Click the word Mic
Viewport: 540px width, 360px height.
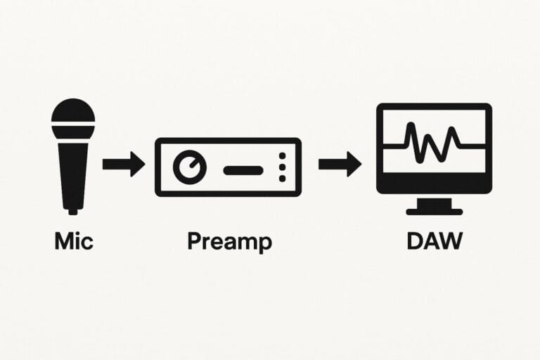pos(73,241)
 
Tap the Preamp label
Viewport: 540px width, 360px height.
pos(229,242)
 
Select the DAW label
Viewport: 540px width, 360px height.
pos(435,241)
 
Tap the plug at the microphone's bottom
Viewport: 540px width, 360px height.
pos(73,209)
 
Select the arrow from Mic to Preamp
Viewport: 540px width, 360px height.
pos(123,165)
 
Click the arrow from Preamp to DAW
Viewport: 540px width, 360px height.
pos(340,165)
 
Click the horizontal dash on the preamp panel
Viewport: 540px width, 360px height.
pos(243,169)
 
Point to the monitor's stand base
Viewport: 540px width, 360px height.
pos(435,210)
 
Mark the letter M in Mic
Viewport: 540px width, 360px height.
pos(64,241)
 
